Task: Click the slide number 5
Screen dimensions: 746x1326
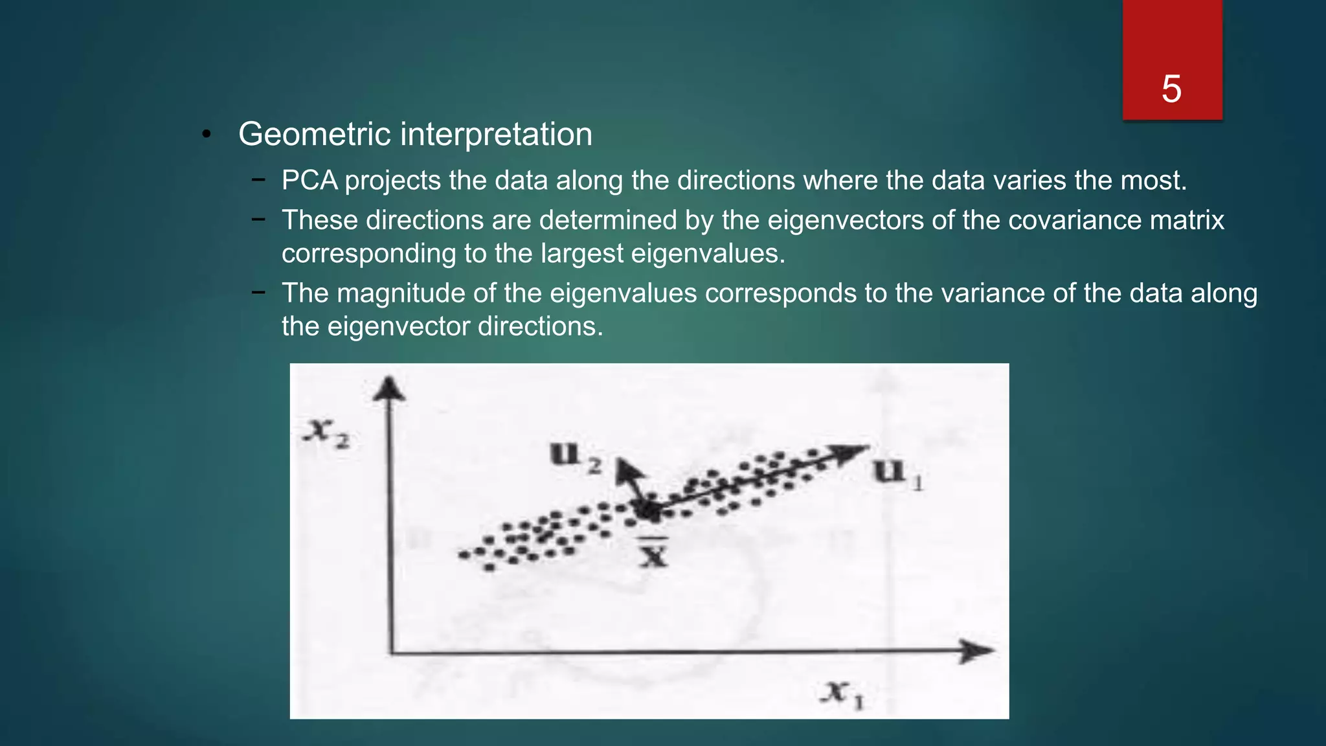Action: point(1171,89)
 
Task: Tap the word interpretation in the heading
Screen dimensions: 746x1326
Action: point(496,135)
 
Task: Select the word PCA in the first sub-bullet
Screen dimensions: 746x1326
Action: point(309,181)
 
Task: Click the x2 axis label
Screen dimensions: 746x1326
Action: point(328,433)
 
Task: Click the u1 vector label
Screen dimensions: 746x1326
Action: point(897,473)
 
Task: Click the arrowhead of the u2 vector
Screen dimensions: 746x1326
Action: point(627,469)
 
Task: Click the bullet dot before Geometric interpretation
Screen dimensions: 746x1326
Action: point(207,135)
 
